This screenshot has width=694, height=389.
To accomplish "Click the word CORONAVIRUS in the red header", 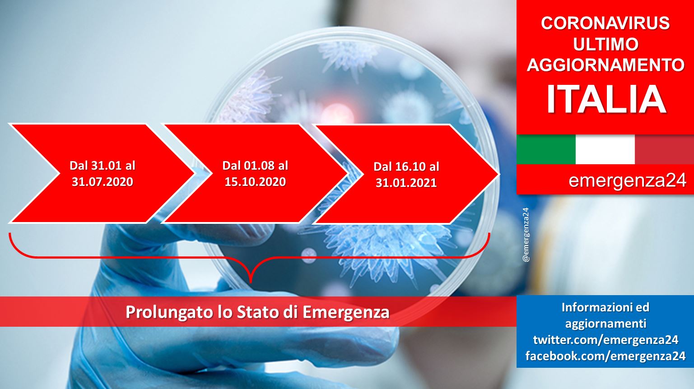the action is point(606,23).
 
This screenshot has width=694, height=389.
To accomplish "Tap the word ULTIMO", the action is point(606,44).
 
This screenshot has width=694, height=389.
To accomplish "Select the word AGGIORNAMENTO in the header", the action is point(606,65).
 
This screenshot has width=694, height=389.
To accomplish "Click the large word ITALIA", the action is point(606,99).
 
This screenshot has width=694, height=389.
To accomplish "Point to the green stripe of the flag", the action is point(546,149).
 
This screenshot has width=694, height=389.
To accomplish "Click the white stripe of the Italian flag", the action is point(605,149).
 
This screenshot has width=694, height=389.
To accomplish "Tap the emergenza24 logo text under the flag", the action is point(627,180).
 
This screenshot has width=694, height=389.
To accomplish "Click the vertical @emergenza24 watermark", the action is point(526,235).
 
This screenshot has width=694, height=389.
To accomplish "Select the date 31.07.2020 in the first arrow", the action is point(102,181).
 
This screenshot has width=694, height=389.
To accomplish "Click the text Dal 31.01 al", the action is point(102,166).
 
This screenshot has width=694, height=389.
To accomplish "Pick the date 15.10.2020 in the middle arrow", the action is point(255,181).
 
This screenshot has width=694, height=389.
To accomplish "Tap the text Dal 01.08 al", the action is point(255,166).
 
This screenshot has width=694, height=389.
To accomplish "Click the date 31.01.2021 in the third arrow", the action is point(406,183).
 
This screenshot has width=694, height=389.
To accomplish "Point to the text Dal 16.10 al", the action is point(406,167).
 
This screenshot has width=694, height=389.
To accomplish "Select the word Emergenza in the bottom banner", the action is point(346,312).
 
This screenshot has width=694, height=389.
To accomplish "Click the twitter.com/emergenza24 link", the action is point(606,340).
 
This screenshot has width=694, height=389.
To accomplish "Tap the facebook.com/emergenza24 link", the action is point(606,356).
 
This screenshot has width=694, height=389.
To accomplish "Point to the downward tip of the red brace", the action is point(251,282).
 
